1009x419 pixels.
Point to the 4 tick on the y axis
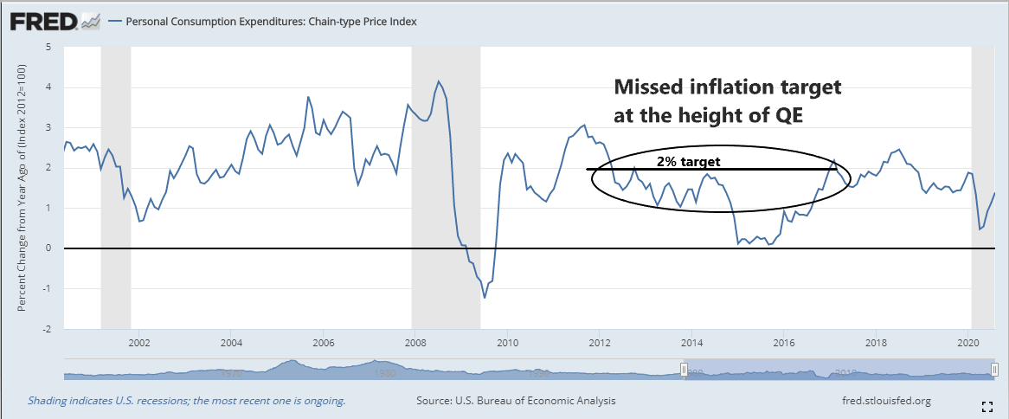(48, 87)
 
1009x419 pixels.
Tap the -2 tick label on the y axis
(47, 330)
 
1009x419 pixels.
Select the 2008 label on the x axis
(415, 342)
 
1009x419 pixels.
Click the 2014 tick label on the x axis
(691, 342)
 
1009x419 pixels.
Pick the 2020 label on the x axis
(968, 342)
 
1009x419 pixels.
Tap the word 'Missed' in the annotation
(650, 88)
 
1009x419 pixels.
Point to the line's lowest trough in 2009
(485, 297)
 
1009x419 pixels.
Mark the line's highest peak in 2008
(439, 81)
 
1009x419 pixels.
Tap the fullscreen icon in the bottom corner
(987, 406)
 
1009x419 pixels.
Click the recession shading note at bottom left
(187, 401)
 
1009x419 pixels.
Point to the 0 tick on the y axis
(48, 248)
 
